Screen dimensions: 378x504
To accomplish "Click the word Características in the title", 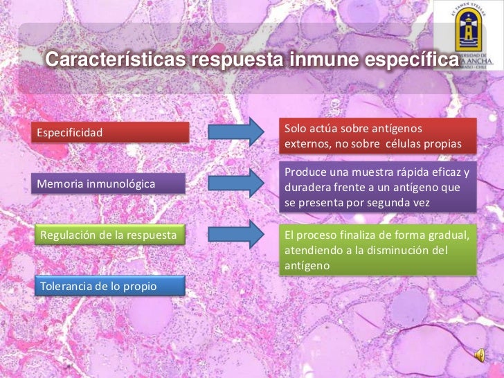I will (x=115, y=60).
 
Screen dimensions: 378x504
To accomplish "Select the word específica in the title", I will (x=409, y=60).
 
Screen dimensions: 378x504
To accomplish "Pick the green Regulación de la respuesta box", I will (x=110, y=235).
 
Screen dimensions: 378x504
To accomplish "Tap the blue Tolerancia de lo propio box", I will (x=110, y=286).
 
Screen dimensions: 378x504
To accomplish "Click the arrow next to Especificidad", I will (x=236, y=132).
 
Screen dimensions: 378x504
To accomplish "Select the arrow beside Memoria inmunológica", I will (x=236, y=183).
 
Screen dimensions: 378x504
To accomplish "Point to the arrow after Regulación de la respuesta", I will (x=236, y=235).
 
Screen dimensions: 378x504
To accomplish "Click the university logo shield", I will (x=466, y=38).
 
